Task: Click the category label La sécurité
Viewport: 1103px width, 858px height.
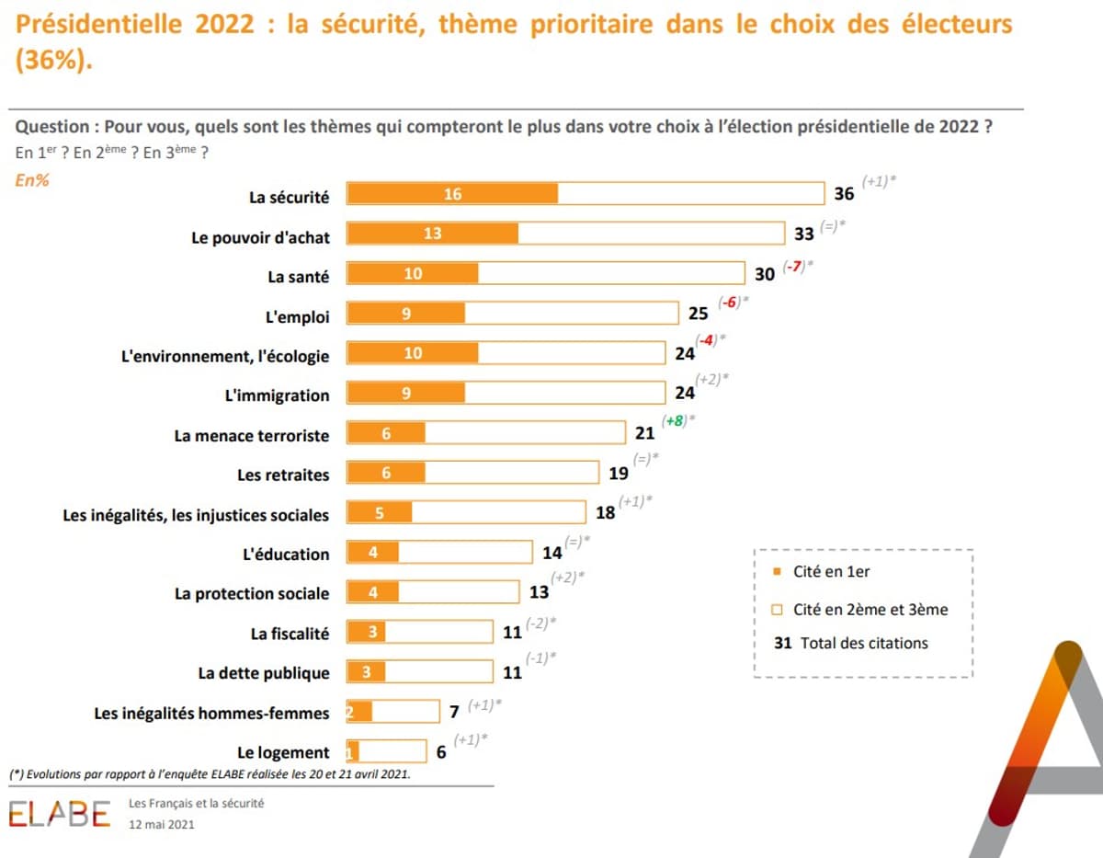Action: pos(289,196)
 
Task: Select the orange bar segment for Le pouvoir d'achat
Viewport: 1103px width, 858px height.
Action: pos(432,234)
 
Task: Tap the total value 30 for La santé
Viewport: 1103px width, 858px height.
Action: pos(765,274)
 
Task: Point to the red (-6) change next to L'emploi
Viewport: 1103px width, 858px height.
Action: pos(732,303)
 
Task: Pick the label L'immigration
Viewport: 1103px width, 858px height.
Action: pos(278,395)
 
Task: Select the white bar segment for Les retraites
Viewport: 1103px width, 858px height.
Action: pos(511,473)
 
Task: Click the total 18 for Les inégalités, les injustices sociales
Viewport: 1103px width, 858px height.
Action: pos(606,513)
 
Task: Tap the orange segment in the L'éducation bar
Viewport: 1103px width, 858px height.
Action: pos(373,553)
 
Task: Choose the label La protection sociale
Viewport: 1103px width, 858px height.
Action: pos(252,594)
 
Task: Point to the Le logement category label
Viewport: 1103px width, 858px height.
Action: pos(283,753)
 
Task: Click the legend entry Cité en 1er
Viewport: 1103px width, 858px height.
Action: pos(831,572)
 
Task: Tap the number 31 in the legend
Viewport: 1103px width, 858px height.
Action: pos(783,644)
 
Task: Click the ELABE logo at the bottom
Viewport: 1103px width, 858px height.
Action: pos(60,814)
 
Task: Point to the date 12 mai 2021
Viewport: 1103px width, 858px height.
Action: pos(162,825)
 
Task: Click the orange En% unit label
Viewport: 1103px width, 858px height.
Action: pos(32,180)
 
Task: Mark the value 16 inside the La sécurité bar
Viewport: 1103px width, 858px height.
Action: pos(451,194)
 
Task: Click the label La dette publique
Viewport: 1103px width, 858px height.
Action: pos(264,673)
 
